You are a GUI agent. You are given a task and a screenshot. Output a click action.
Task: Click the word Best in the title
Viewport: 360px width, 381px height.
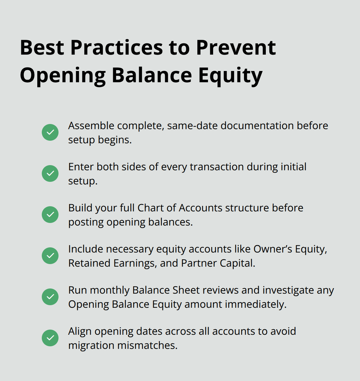[42, 48]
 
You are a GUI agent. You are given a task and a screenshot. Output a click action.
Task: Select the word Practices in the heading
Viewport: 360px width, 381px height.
[117, 48]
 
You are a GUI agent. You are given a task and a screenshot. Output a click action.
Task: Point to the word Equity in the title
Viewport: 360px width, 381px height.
[230, 76]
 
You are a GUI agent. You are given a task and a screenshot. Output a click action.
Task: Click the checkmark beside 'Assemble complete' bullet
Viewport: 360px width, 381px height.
[50, 132]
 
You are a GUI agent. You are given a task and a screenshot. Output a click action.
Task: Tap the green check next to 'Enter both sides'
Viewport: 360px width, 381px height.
[50, 173]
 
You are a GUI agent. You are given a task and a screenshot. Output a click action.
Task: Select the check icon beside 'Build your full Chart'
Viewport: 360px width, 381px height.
[50, 215]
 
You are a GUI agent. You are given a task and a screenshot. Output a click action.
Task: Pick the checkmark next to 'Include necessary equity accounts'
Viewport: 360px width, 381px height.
[50, 256]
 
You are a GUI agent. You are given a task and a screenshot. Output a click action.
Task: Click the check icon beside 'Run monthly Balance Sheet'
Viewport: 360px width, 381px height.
[50, 297]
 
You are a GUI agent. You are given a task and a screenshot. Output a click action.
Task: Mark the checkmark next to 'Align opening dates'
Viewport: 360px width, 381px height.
[50, 338]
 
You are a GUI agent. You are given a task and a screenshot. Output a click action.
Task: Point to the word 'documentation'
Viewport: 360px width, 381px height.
[257, 126]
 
